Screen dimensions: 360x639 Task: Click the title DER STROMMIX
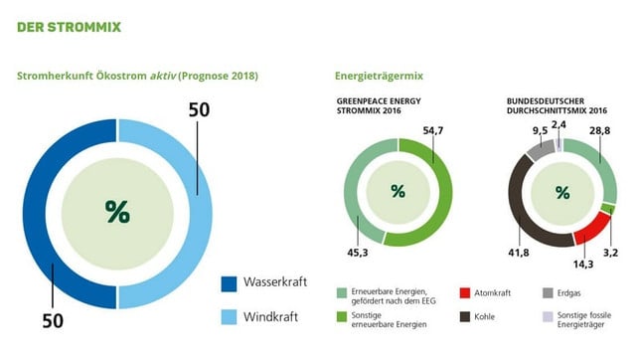tap(69, 26)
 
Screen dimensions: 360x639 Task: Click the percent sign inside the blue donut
tap(117, 211)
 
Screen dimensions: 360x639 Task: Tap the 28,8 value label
tap(598, 131)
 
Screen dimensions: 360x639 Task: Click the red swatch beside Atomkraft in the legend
tap(464, 293)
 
